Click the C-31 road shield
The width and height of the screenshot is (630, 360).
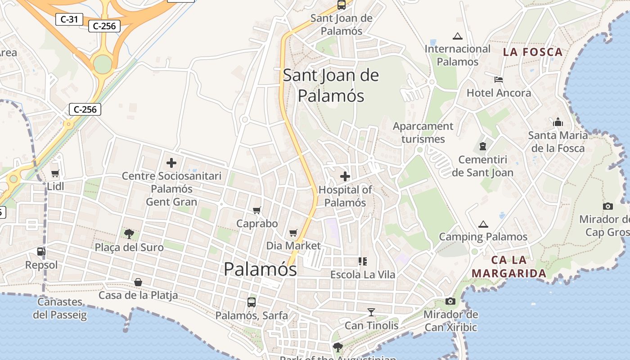pos(69,19)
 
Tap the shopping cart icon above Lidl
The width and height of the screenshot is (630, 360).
pos(55,173)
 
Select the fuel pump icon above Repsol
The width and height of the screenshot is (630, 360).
pos(41,252)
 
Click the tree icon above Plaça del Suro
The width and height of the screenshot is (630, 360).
pos(129,234)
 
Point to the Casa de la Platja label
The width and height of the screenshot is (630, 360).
pos(138,295)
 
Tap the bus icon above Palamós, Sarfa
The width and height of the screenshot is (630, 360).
pos(252,302)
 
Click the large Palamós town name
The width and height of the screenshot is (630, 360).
pos(260,269)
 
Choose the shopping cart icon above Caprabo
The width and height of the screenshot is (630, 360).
pos(257,210)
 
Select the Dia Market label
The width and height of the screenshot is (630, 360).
pos(293,246)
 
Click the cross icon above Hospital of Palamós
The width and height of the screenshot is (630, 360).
pos(345,176)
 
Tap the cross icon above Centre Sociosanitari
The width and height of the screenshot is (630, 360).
pos(171,163)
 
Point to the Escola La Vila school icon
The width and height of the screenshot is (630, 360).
pos(362,261)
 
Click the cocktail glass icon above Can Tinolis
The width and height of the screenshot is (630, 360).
pos(371,312)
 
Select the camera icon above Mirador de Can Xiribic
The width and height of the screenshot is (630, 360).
pos(450,301)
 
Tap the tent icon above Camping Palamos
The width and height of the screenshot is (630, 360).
pos(483,224)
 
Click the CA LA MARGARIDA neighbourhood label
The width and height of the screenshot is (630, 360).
pos(509,266)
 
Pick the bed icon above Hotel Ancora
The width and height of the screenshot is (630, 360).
pos(499,80)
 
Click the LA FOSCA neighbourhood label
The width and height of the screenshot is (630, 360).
pos(533,52)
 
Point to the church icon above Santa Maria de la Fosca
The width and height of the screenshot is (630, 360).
pos(558,122)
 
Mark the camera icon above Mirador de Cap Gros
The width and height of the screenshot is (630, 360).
pos(608,206)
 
